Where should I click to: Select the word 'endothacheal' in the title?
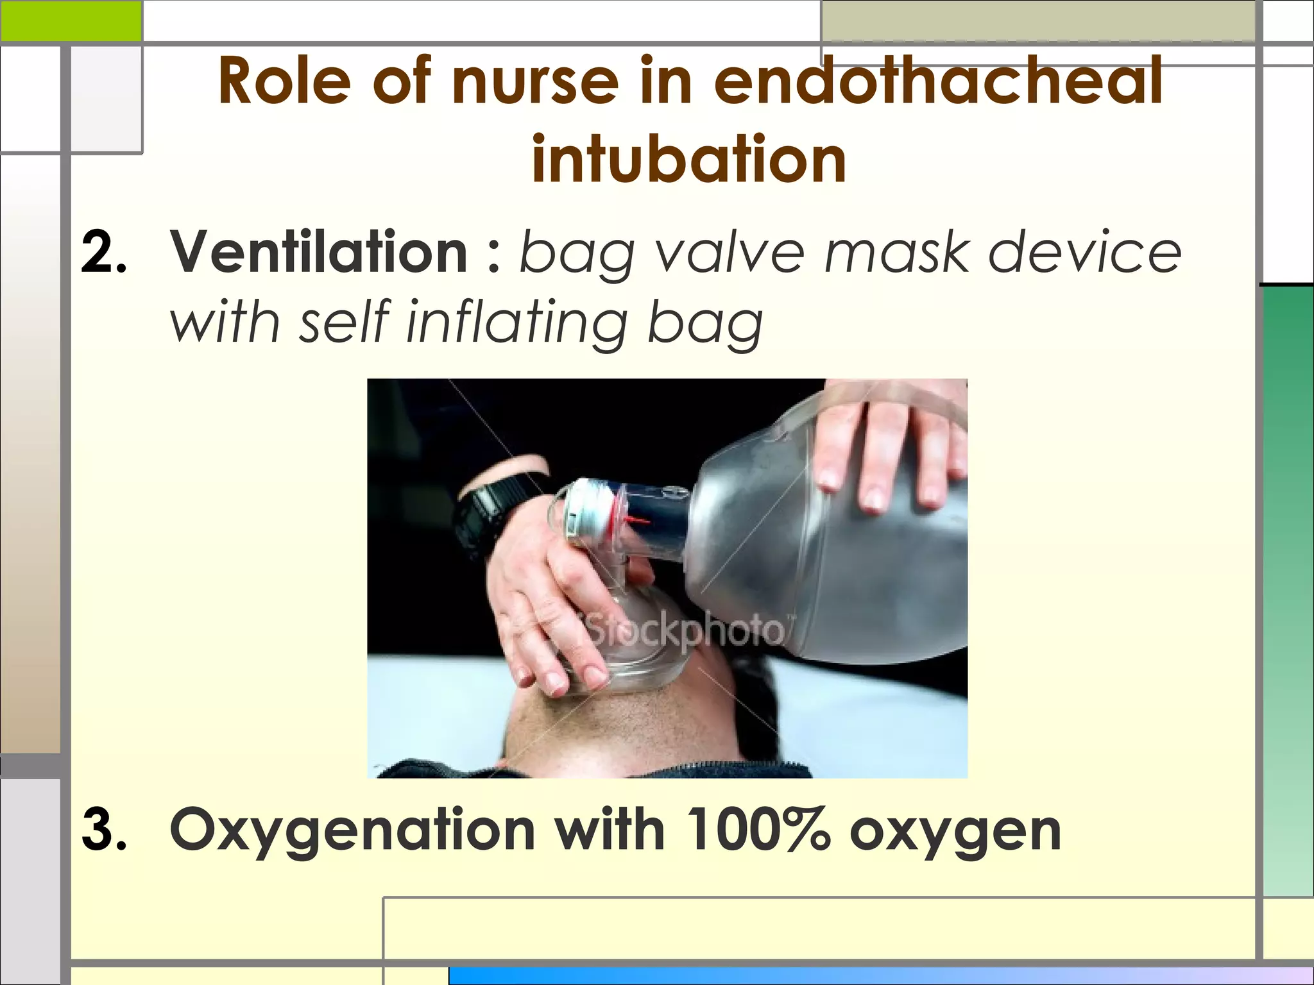[x=938, y=82]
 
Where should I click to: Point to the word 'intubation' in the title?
[x=689, y=158]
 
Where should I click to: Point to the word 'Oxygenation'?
[x=352, y=832]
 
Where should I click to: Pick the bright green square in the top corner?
[x=71, y=20]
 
